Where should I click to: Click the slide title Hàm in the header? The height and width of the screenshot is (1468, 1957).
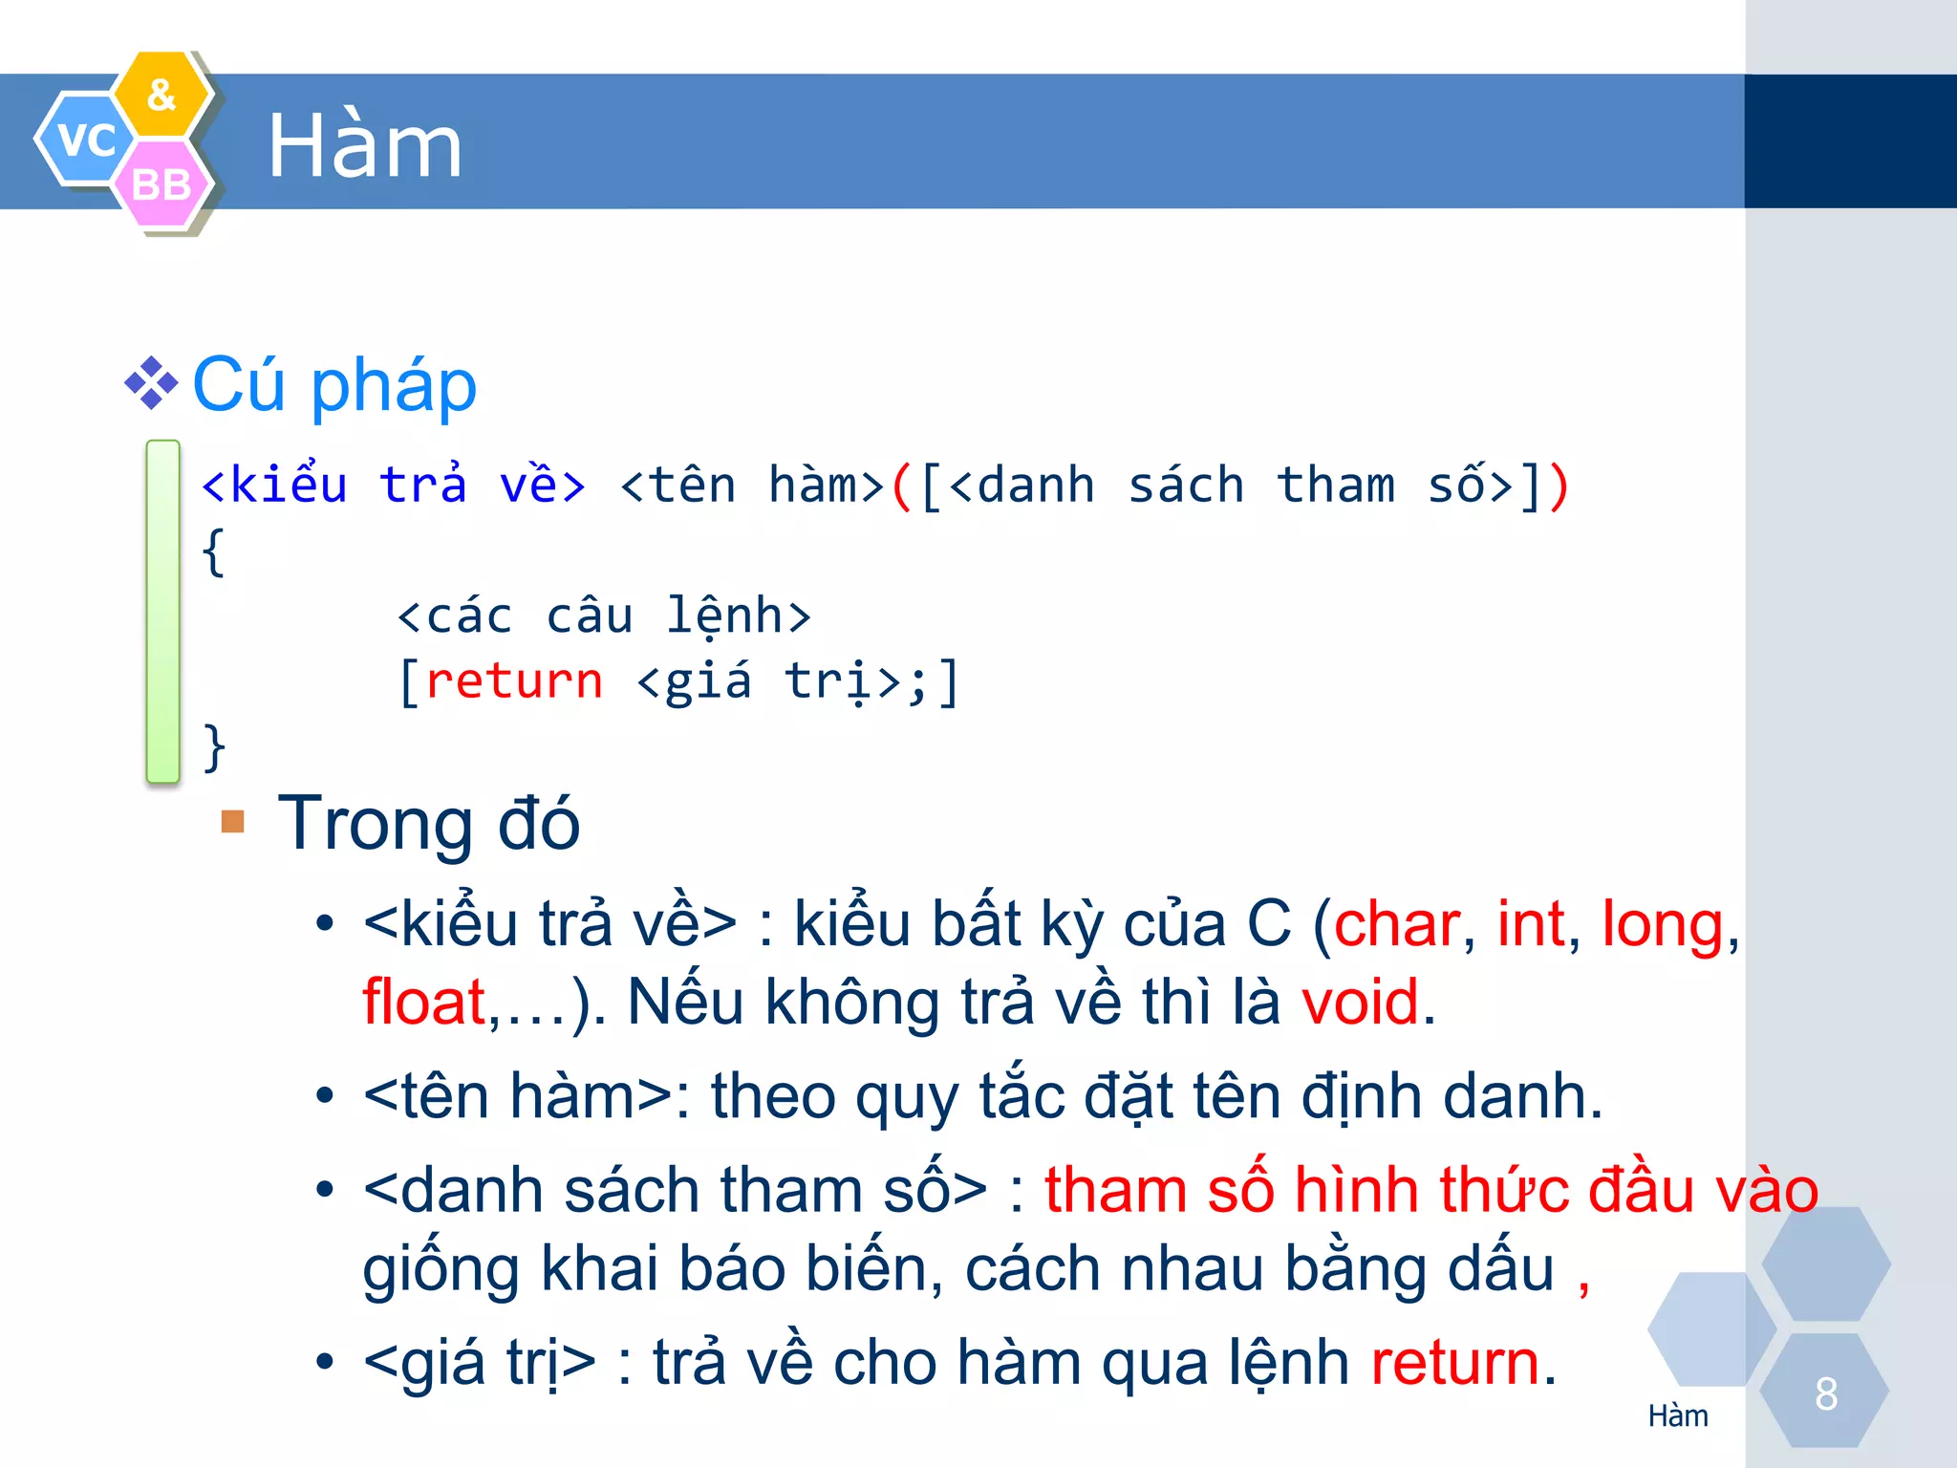(364, 146)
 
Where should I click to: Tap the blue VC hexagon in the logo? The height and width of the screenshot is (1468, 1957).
(85, 140)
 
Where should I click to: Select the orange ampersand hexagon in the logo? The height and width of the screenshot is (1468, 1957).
(161, 94)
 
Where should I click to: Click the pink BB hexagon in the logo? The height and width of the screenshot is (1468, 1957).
(161, 184)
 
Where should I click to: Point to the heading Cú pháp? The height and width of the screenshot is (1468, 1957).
(334, 385)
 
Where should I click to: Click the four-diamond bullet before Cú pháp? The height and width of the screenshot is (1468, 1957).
(151, 384)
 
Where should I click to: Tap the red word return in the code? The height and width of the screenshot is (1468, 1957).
(514, 681)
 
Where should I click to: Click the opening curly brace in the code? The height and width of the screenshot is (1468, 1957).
(214, 551)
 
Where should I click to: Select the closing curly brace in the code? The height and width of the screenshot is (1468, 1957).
(214, 746)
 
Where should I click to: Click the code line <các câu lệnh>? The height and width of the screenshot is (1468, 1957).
(604, 615)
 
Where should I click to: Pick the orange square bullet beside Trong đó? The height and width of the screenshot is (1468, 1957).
(233, 822)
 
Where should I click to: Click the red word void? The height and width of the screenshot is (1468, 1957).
(1360, 1003)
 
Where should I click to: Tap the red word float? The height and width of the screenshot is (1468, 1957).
(424, 1003)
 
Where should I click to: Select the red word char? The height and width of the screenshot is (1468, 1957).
(1396, 924)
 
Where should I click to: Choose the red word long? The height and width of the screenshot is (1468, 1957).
(1663, 924)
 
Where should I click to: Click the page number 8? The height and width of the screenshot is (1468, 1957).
(1826, 1393)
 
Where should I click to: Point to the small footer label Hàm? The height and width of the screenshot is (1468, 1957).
(1678, 1415)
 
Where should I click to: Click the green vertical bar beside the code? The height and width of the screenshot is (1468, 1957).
(163, 612)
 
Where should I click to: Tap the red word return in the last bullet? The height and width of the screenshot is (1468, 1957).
(1454, 1362)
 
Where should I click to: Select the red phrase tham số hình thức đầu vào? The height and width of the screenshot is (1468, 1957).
(1430, 1190)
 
